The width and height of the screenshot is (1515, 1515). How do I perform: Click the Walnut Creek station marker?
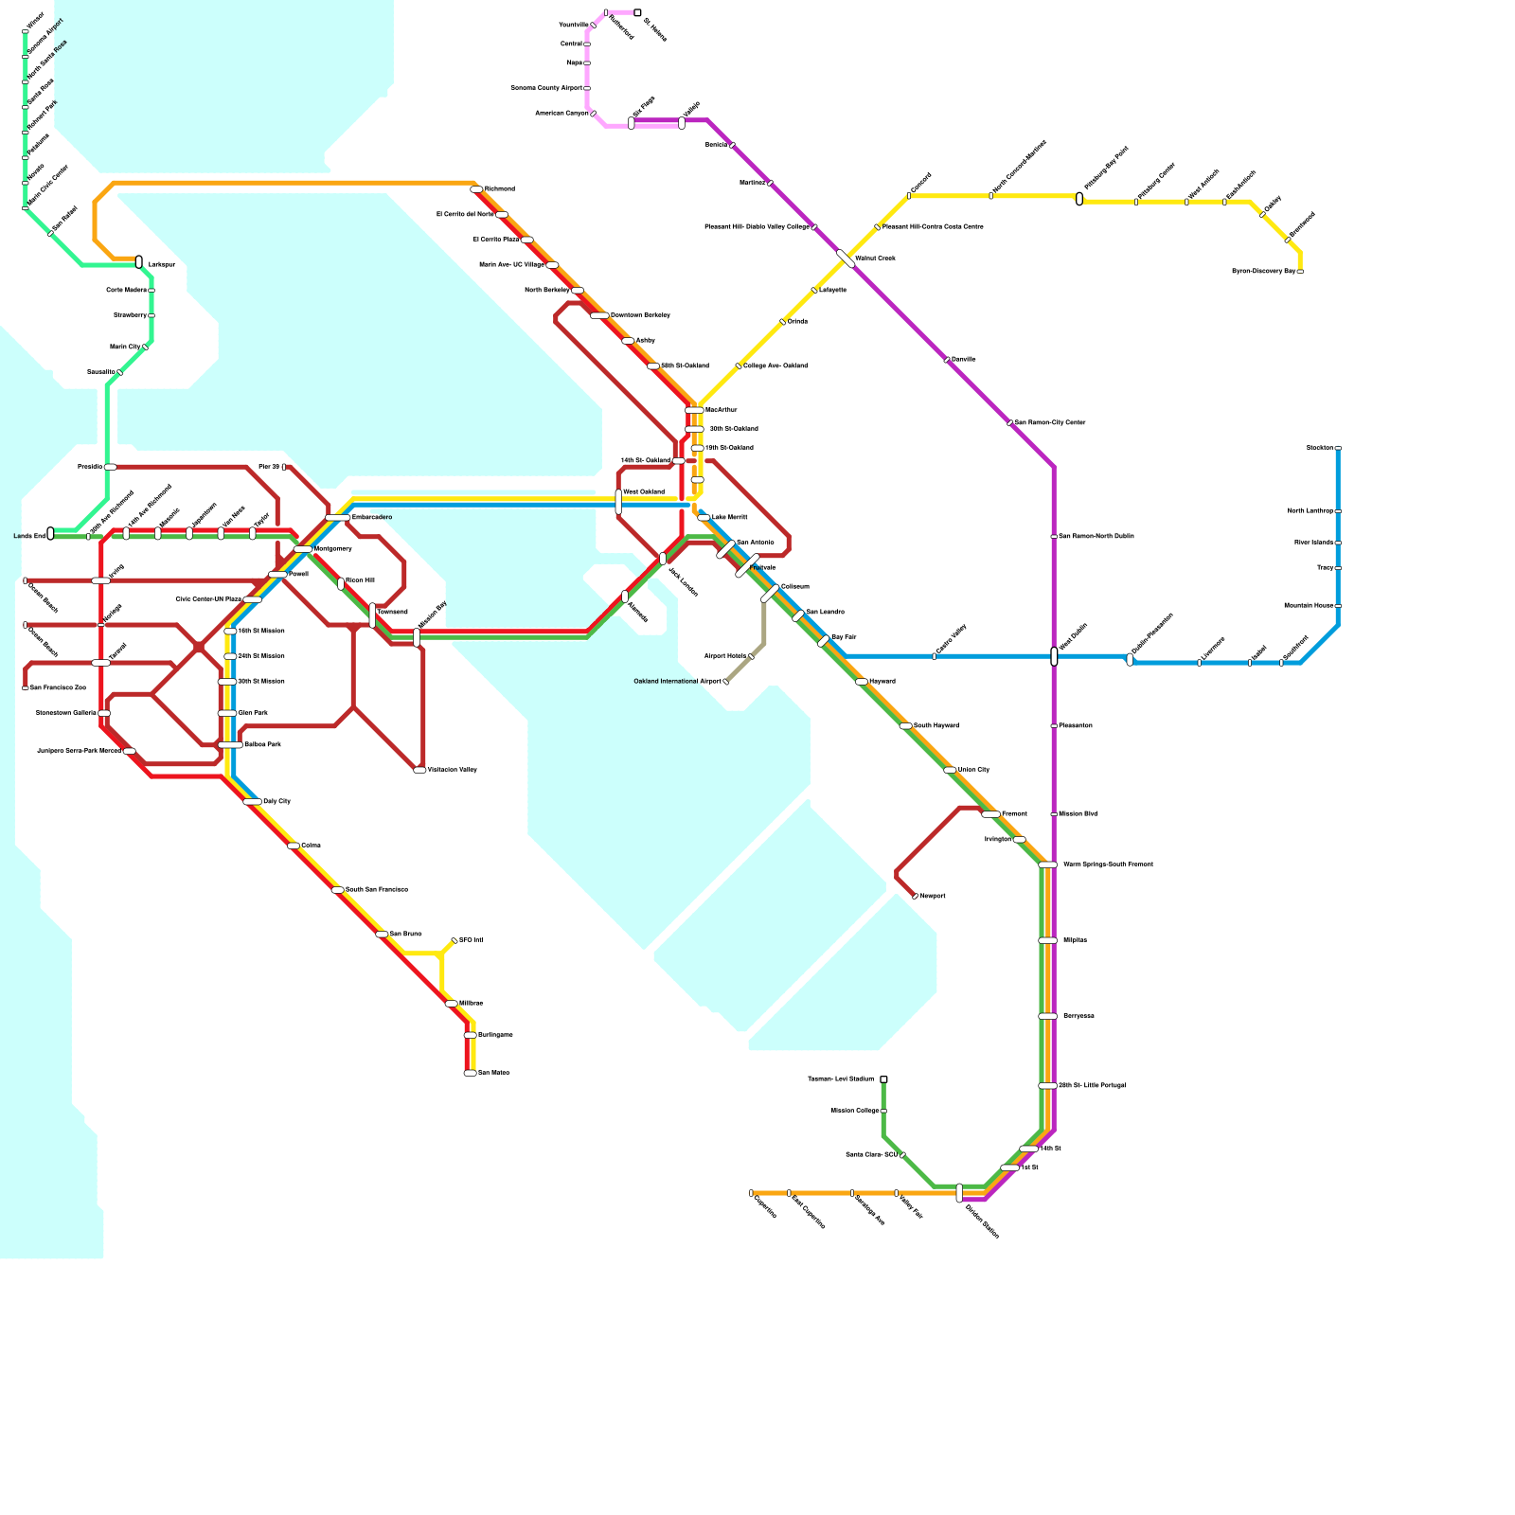[846, 258]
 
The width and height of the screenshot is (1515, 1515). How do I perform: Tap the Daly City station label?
[276, 801]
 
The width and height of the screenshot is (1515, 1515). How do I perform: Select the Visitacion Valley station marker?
[419, 770]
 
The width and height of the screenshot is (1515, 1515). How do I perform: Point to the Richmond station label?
[500, 189]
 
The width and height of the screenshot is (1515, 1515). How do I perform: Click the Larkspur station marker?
[139, 261]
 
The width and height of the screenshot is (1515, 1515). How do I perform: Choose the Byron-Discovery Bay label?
[1263, 271]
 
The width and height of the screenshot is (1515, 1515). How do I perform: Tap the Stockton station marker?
[1338, 448]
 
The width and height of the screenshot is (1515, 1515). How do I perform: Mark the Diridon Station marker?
[959, 1192]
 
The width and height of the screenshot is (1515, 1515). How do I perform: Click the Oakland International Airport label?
[677, 681]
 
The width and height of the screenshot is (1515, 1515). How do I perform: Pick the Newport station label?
[933, 896]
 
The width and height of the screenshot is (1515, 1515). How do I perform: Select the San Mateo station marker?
[470, 1073]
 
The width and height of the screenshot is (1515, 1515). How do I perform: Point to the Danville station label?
[963, 360]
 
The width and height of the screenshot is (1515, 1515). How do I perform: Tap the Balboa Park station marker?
[230, 745]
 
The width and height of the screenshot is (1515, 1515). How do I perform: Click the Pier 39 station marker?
[284, 467]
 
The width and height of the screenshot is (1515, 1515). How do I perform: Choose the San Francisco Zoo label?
[58, 687]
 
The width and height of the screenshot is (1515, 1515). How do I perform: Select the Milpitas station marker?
[1047, 940]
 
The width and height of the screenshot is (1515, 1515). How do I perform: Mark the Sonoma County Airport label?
[546, 88]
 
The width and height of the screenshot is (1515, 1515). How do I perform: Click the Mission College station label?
[855, 1111]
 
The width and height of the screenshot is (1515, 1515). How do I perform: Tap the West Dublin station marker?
[1054, 656]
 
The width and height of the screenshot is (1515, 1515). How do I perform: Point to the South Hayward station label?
[936, 725]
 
